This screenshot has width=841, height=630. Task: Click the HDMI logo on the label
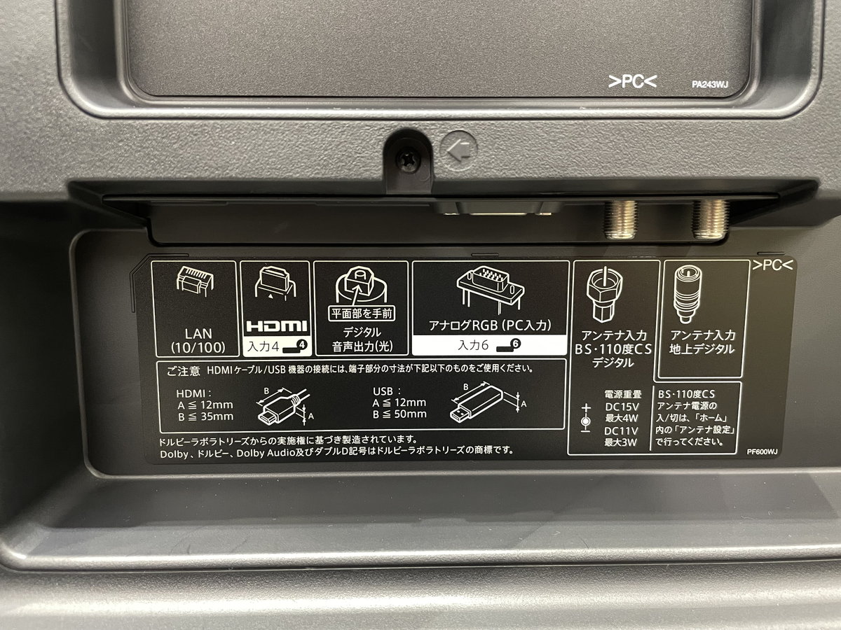pos(277,326)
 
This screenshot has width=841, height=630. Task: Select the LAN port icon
pos(194,281)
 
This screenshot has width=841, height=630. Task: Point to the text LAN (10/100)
pos(198,340)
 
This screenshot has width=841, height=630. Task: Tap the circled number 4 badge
pos(302,345)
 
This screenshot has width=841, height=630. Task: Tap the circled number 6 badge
pos(516,344)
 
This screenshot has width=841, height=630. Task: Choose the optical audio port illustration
pos(361,285)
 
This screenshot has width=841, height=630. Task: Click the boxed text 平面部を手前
pos(362,314)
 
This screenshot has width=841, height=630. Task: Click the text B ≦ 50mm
pos(399,414)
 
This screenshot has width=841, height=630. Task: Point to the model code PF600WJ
pos(763,452)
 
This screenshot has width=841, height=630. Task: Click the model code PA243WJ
pos(709,85)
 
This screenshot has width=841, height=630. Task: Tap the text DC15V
pos(622,406)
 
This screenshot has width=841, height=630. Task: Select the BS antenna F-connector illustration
pos(604,295)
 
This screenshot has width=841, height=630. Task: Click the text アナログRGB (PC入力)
pos(490,325)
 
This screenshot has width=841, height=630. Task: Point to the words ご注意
pos(184,371)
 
